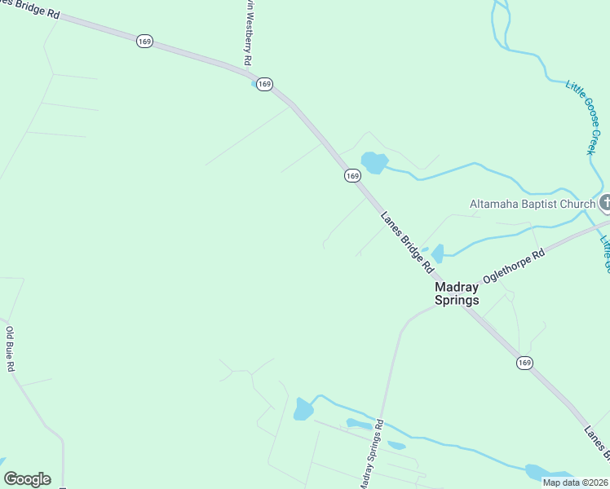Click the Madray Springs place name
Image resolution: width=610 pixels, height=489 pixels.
pos(457,293)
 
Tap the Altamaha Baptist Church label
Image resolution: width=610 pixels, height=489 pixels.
pos(532,204)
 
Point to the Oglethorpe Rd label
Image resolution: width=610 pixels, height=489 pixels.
pos(513,267)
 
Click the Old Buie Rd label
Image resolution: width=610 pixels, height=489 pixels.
pos(11,350)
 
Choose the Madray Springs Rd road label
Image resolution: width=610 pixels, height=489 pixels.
pos(371,456)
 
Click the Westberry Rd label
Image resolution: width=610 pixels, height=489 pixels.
pos(246,33)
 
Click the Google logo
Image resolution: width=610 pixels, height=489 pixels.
pos(27,479)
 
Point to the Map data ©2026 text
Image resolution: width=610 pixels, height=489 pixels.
pos(574,482)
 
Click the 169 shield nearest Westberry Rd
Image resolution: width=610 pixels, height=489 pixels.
pos(263,84)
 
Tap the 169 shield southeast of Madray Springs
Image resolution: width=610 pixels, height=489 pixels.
pos(524,362)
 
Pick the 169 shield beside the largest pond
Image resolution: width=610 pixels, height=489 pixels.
pos(351,175)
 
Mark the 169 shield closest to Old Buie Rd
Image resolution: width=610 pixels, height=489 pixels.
pos(144,42)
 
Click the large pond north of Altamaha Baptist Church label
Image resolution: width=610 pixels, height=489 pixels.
pos(374,162)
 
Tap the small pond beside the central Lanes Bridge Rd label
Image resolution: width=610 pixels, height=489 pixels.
pos(437,253)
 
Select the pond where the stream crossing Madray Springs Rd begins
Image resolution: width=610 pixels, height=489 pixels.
pos(303,409)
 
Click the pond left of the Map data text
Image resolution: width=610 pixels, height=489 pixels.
pos(538,472)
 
